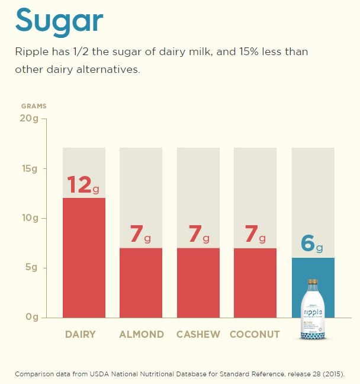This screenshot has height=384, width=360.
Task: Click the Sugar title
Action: (59, 21)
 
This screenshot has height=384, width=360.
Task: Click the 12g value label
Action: (83, 185)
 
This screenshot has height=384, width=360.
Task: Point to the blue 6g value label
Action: (313, 244)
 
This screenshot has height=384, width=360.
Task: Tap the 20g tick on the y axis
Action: (30, 119)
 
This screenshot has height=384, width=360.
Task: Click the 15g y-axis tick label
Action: (30, 168)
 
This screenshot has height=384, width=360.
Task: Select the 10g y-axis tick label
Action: (30, 217)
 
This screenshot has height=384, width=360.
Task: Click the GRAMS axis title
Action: (34, 106)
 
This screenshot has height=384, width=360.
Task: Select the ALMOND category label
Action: (142, 334)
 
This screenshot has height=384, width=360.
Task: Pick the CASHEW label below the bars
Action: (198, 334)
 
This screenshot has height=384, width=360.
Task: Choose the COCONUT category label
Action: (255, 334)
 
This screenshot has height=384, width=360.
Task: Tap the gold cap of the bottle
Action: (313, 282)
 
